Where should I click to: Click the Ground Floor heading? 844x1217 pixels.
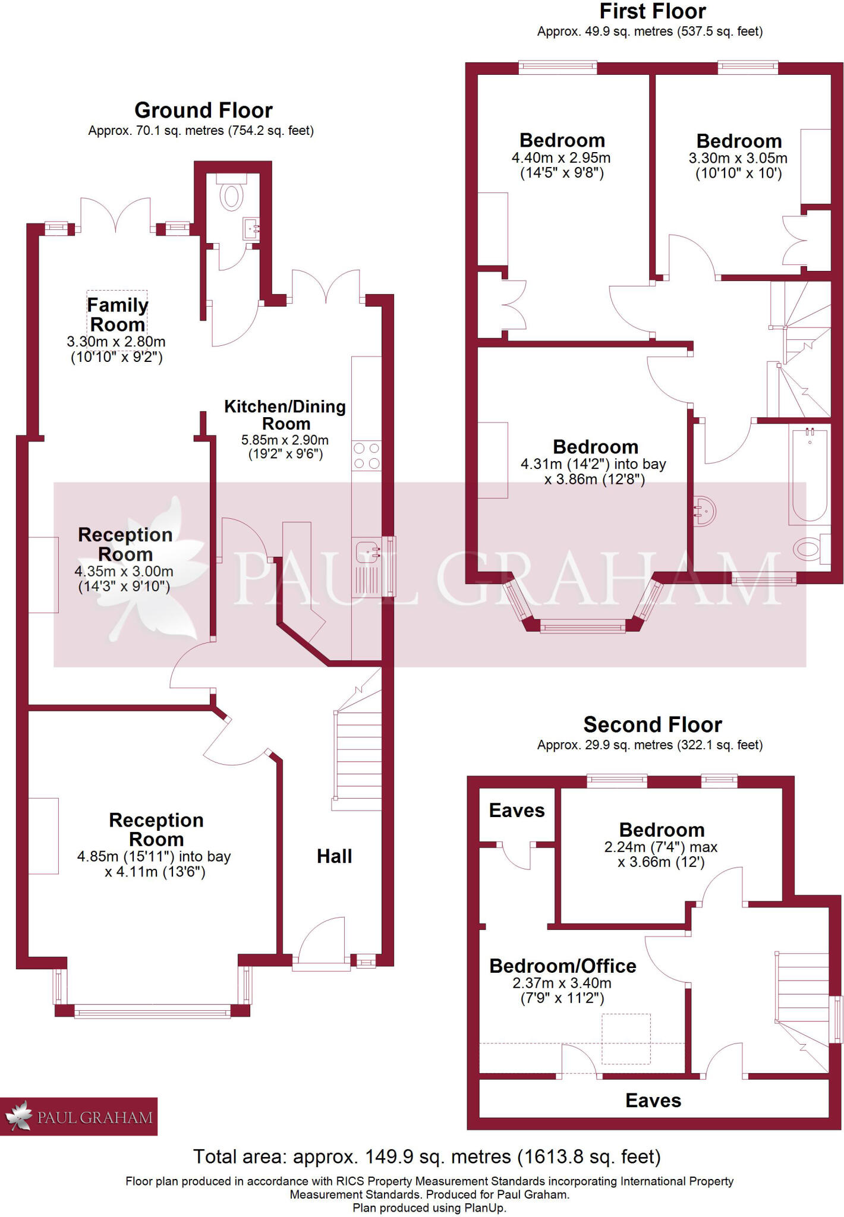tap(203, 111)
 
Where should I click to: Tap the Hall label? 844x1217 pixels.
tap(334, 856)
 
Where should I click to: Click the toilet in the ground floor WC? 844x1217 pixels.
tap(231, 196)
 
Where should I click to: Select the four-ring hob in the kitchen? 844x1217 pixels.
tap(366, 456)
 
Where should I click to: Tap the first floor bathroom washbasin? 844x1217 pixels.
tap(704, 510)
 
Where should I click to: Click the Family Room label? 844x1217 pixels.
tap(118, 314)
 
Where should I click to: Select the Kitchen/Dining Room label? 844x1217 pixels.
tap(285, 415)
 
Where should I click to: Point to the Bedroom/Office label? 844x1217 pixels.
tap(562, 966)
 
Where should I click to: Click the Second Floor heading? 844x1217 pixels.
tap(652, 724)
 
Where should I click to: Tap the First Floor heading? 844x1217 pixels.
tap(652, 11)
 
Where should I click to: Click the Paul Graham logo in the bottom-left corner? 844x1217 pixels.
tap(78, 1117)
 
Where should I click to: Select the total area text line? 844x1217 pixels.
tap(427, 1156)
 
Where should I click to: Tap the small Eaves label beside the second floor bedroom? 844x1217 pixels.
tap(517, 811)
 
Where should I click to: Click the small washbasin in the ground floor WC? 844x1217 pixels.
tap(251, 228)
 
